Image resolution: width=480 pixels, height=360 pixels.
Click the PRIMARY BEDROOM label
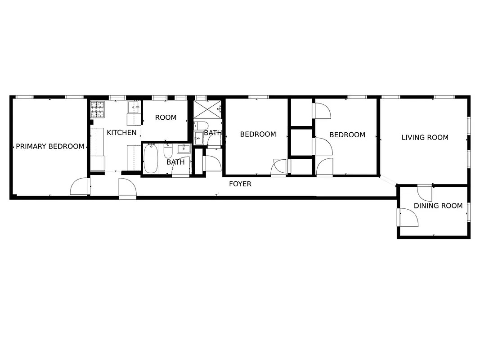[50, 146]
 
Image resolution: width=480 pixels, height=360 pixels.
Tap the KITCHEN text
[121, 132]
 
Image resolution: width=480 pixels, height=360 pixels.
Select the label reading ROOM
[166, 117]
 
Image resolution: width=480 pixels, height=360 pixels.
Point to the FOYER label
[240, 184]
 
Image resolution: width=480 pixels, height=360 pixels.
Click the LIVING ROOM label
[425, 137]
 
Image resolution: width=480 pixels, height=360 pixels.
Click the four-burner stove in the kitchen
[98, 109]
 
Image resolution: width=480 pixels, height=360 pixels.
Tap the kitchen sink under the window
[134, 108]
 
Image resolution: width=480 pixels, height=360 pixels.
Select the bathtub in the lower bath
[151, 159]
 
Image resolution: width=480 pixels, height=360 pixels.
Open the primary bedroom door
[79, 187]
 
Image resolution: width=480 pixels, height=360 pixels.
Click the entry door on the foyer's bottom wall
[127, 189]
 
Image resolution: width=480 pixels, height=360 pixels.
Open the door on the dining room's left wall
[408, 217]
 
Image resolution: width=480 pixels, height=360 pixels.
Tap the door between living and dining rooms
[424, 193]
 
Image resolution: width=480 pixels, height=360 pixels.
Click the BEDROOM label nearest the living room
[347, 135]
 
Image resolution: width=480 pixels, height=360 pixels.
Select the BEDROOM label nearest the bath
[258, 134]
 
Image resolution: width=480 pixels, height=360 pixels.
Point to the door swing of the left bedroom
[279, 167]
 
